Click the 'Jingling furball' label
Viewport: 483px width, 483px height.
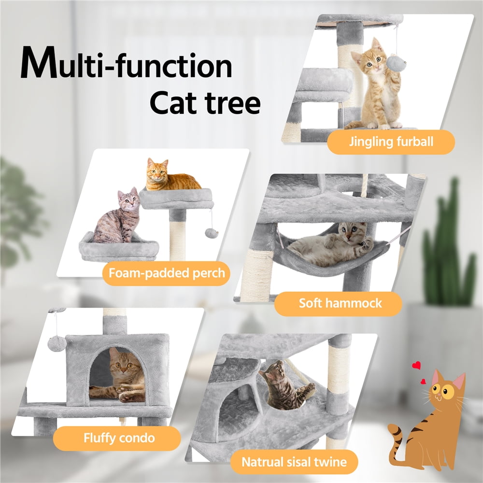point(391,142)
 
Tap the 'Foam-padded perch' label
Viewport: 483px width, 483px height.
point(167,273)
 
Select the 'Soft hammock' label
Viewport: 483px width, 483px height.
point(340,304)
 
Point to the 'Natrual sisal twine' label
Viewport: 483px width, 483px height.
point(294,462)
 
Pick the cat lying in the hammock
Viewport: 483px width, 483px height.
point(333,244)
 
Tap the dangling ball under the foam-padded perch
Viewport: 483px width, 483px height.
point(211,233)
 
